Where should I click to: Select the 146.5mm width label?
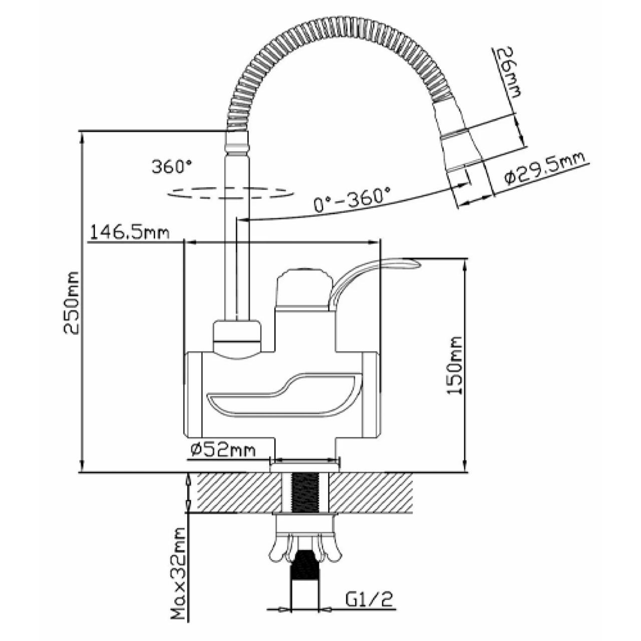click(130, 232)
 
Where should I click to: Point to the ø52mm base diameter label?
click(222, 450)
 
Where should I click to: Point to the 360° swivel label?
click(172, 166)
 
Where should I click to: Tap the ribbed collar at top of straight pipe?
click(236, 142)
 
